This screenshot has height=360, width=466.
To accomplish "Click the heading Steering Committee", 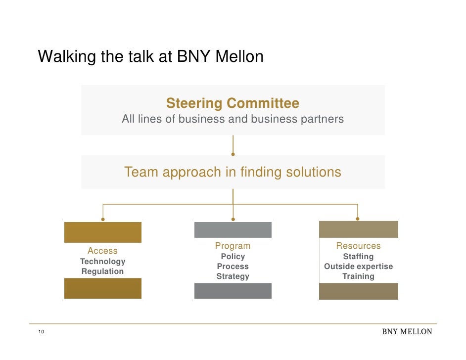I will click(233, 103).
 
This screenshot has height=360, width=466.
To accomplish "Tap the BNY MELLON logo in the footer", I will click(407, 331).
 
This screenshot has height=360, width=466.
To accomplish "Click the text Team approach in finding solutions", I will click(233, 172).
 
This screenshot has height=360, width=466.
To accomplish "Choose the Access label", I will click(102, 251).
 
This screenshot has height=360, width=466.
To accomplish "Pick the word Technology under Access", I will click(102, 261).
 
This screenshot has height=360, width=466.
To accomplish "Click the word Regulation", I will click(102, 271).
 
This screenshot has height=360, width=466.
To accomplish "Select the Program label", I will click(233, 246).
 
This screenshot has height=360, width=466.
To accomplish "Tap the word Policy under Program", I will click(233, 256).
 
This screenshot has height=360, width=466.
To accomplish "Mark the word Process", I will click(233, 266).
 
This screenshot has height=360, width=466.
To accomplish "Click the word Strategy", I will click(233, 276).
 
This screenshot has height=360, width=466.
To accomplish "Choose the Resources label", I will click(358, 246).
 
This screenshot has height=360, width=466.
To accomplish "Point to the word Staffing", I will click(358, 256).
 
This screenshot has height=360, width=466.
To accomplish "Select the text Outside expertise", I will click(358, 266).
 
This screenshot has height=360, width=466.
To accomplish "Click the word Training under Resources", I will click(358, 276).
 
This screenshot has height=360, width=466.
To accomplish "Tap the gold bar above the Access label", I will click(103, 232).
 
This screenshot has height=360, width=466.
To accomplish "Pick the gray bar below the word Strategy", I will click(233, 291).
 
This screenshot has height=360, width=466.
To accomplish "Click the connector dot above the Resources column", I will click(358, 219).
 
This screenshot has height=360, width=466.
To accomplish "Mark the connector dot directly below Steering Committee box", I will click(233, 154).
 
